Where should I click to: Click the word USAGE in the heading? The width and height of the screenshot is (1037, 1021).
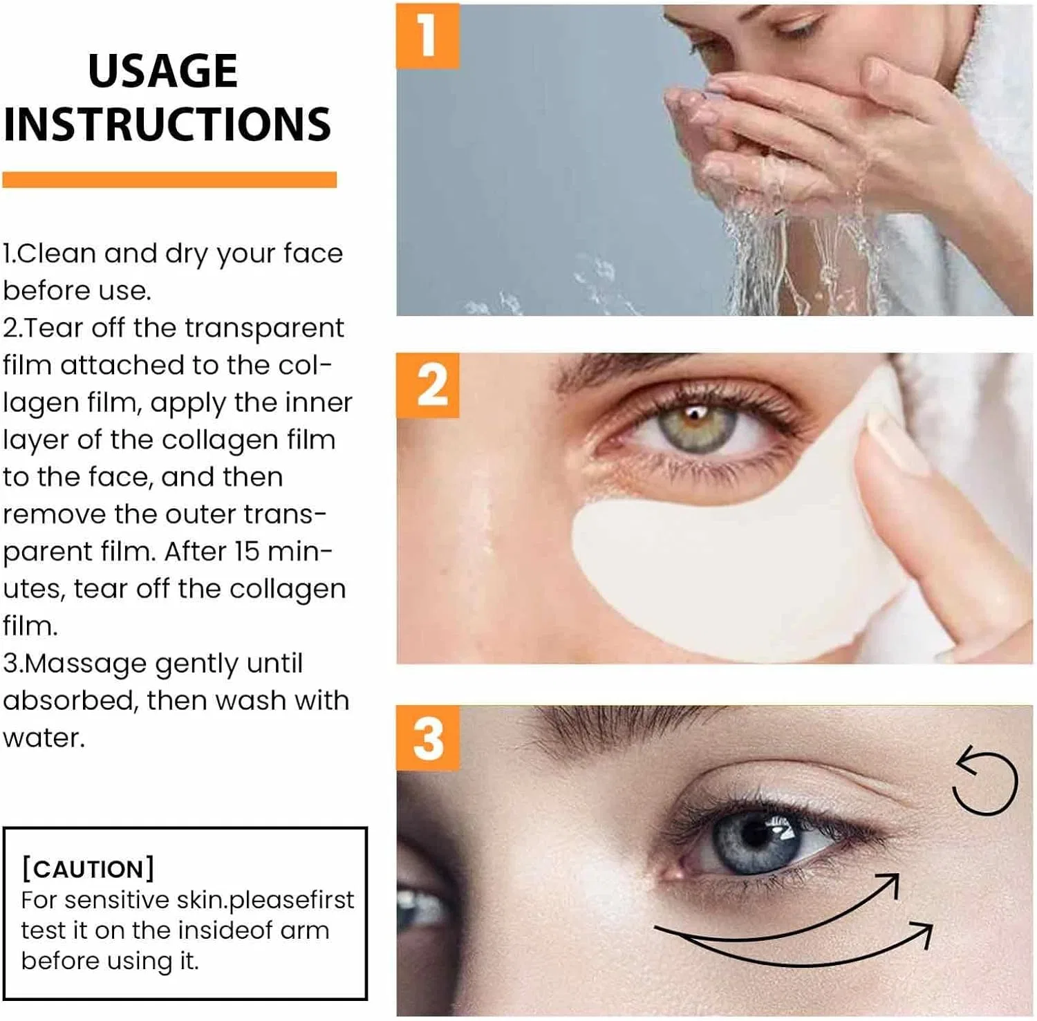(162, 71)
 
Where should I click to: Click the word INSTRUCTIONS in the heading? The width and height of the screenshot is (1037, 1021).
(167, 124)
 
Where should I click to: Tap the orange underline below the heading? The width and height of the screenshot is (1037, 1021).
(169, 180)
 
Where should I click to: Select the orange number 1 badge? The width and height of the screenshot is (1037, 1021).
(427, 36)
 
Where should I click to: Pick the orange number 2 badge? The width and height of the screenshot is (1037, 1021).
(427, 385)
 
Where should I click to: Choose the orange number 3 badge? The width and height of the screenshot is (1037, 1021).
(427, 738)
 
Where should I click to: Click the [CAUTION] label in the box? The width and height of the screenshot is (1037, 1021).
(88, 869)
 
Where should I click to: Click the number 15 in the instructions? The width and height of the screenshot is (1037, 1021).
(246, 552)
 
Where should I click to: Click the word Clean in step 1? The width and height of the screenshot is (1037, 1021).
(57, 254)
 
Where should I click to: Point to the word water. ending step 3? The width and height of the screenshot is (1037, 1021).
(44, 738)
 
